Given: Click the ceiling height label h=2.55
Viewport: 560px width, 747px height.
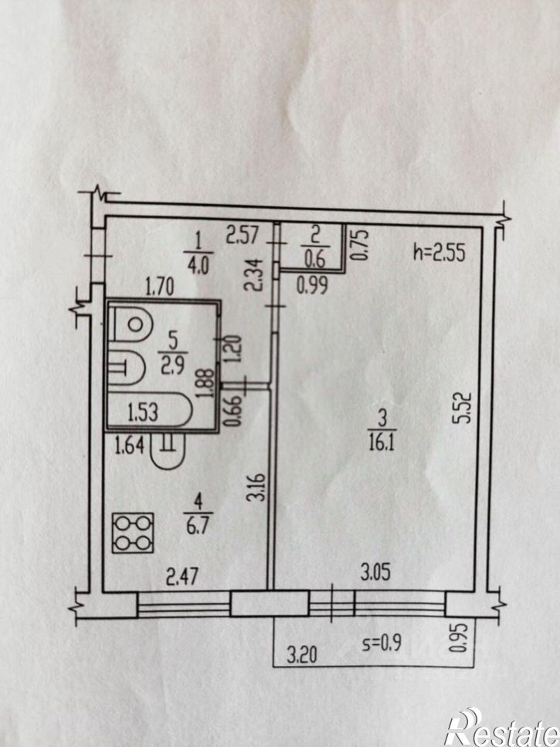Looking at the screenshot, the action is [439, 252].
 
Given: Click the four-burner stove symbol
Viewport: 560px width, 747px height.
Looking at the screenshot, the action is [133, 532].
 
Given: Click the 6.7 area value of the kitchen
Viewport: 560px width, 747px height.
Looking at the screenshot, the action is [197, 527].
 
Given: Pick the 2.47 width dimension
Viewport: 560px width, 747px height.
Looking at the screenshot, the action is [182, 577].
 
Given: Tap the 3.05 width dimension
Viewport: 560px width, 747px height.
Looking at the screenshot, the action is [375, 572].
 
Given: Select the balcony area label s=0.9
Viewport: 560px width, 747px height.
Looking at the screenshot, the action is [382, 643].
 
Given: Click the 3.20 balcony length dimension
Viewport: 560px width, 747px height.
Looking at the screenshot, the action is [302, 656].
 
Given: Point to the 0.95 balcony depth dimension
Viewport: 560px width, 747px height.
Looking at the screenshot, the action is [455, 638].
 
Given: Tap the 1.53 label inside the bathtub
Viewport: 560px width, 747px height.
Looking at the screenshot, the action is [142, 411].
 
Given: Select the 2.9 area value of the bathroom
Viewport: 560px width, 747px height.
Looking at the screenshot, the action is [172, 366].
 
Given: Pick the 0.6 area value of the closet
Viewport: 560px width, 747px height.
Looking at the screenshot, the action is [314, 259].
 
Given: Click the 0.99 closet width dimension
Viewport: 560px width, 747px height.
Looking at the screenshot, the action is [312, 285].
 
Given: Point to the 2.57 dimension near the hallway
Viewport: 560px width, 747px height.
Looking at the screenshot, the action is [243, 236].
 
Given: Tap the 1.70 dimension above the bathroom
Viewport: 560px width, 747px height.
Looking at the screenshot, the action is [159, 287].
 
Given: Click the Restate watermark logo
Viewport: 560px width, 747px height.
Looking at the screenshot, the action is [502, 728].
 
